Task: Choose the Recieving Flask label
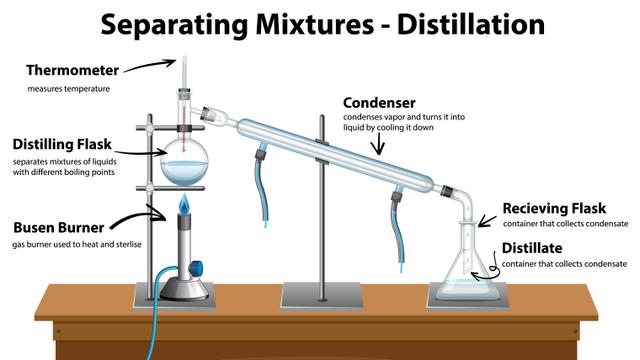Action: (x=554, y=208)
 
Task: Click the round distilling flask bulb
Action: (x=186, y=163)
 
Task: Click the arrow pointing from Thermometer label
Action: (x=147, y=66)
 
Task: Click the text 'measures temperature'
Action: (x=68, y=89)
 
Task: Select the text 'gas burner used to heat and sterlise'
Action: (x=76, y=244)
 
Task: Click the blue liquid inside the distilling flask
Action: (x=186, y=174)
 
